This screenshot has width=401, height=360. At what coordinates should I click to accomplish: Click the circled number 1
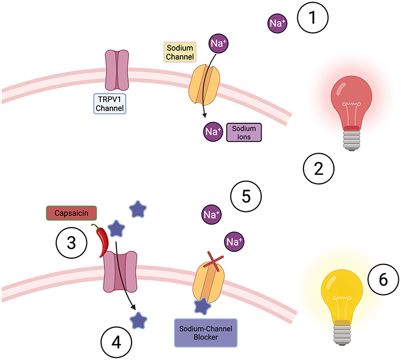pyautogui.click(x=312, y=18)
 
